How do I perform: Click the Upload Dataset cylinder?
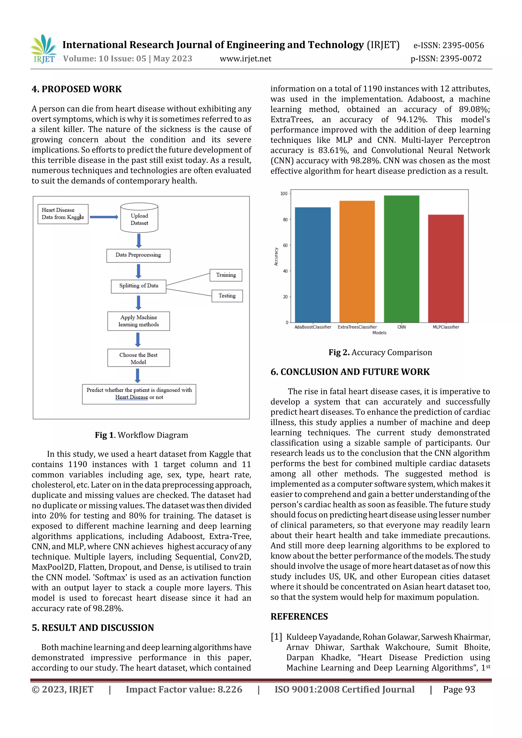(x=139, y=219)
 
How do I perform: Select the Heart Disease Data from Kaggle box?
(x=63, y=214)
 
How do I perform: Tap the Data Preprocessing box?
(x=138, y=255)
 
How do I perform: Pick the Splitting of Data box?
(x=139, y=286)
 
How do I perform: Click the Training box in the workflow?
(x=226, y=275)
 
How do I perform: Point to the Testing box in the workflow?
(x=227, y=296)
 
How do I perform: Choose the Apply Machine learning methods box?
(x=139, y=321)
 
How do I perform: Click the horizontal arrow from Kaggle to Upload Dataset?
(x=104, y=217)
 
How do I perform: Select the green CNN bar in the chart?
(x=401, y=259)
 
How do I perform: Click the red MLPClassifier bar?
(x=446, y=269)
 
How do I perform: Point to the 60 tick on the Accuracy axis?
(x=285, y=245)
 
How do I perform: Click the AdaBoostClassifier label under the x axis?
(x=313, y=327)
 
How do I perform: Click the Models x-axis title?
(x=379, y=333)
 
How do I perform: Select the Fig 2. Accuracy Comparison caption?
(x=380, y=352)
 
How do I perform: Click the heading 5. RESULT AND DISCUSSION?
(x=93, y=628)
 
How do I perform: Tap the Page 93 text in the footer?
(x=459, y=689)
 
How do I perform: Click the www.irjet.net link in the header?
(x=245, y=59)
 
